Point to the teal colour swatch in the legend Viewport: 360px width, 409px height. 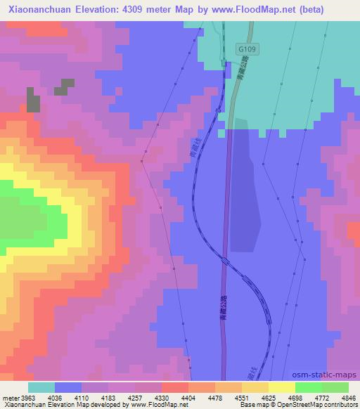point(41,387)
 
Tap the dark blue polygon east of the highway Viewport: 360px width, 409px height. point(245,190)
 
